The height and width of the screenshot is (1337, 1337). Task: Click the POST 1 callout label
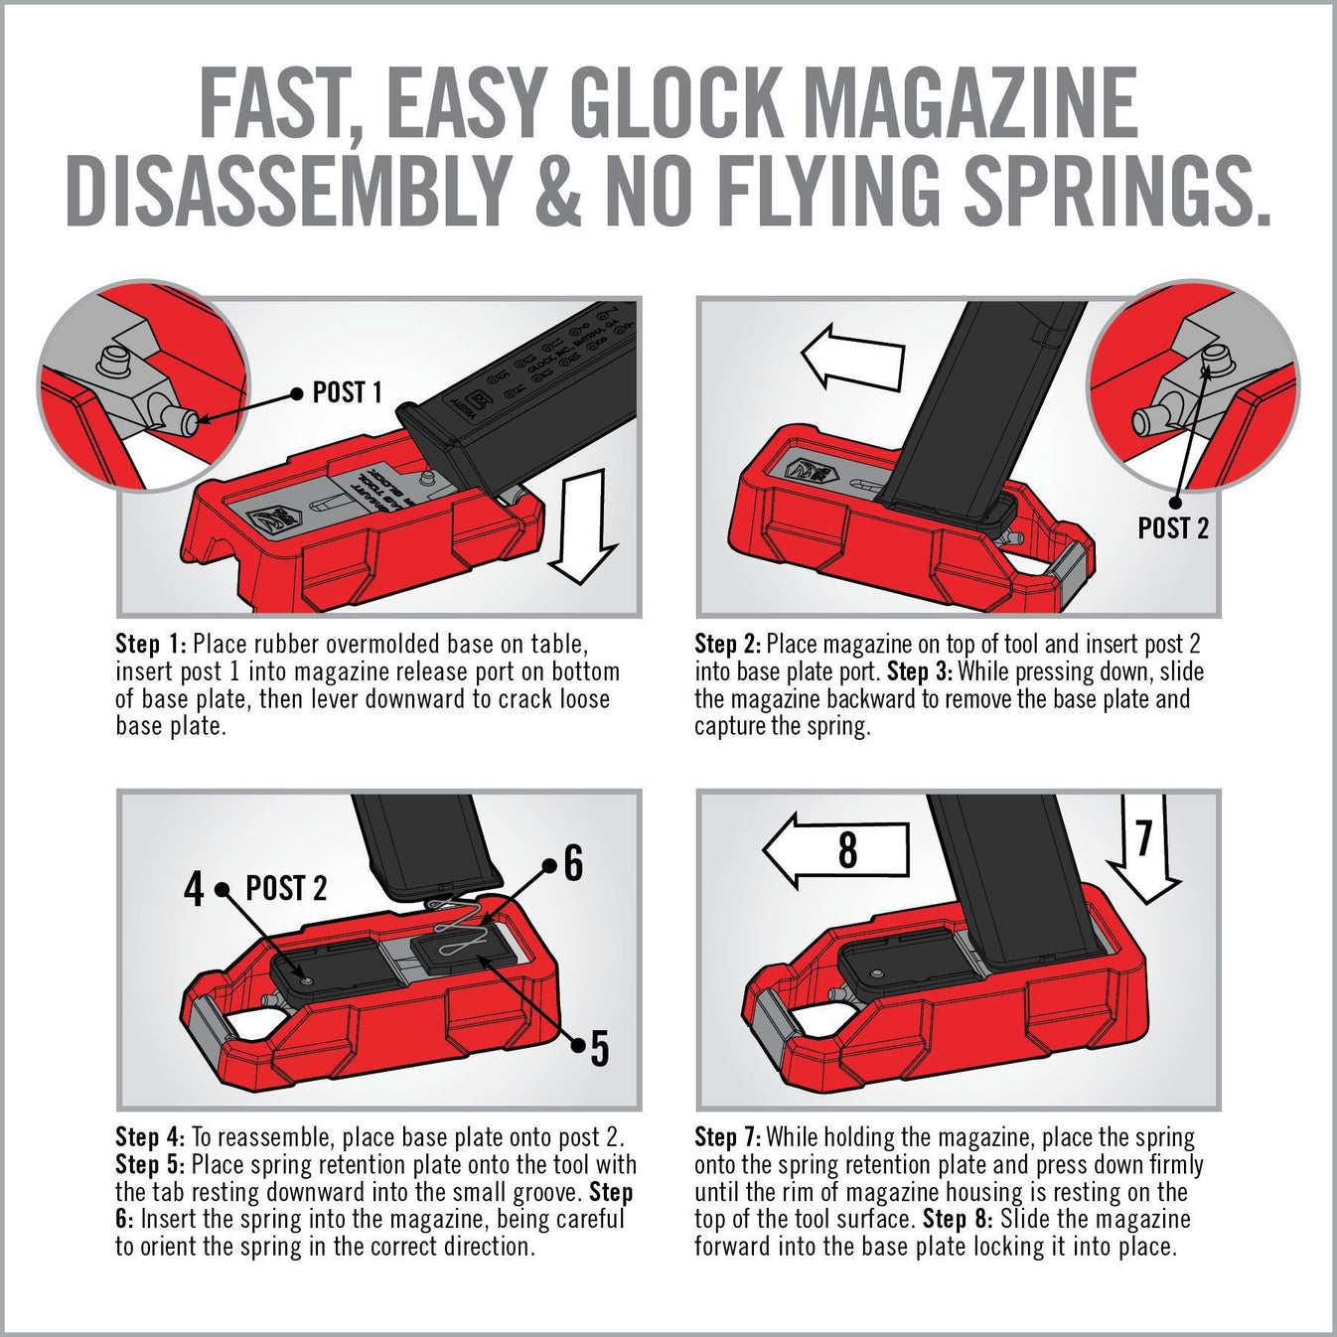(347, 393)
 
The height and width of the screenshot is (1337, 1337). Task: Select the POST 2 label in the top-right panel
(1173, 528)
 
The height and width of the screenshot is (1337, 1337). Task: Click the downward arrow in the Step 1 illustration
(583, 526)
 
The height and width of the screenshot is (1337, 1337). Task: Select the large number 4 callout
(195, 888)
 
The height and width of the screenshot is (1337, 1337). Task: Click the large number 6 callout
(573, 863)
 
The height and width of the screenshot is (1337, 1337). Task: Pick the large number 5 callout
(599, 1047)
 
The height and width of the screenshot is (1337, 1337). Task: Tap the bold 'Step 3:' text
(920, 671)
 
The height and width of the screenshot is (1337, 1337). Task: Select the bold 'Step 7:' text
(728, 1137)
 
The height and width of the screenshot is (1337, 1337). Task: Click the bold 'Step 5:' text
(150, 1165)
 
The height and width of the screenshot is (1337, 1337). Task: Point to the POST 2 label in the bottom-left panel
(286, 888)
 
